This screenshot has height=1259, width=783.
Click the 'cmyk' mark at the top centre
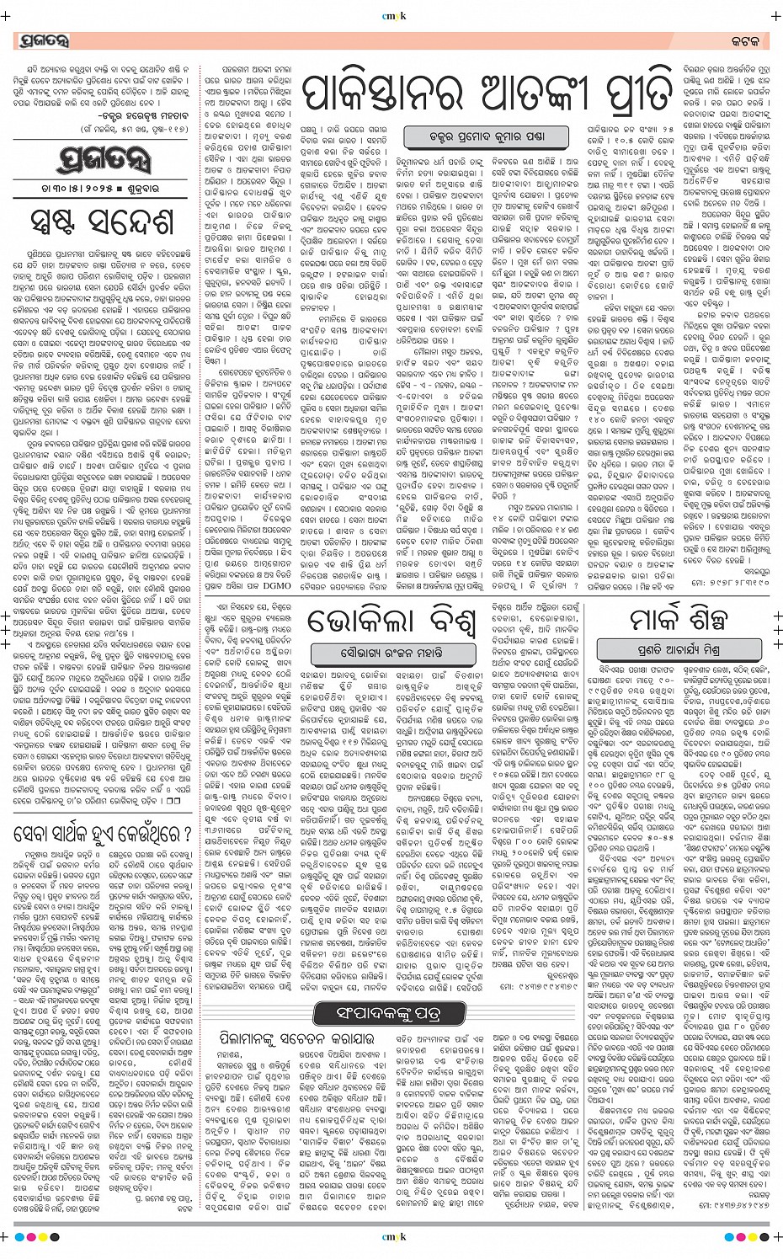click(391, 14)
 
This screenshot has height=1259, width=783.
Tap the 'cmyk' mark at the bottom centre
click(391, 1236)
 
